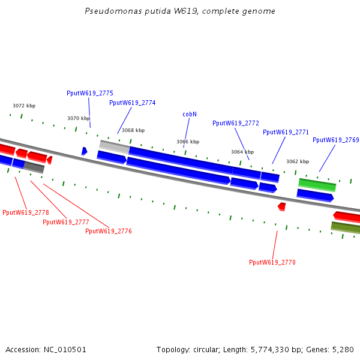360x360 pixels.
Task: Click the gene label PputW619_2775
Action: (x=90, y=93)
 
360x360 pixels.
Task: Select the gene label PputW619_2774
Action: (x=133, y=103)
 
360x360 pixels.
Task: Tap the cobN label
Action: (x=190, y=114)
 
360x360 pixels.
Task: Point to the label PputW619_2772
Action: (x=236, y=123)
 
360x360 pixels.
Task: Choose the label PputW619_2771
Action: (x=286, y=132)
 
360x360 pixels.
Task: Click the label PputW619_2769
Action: (x=335, y=140)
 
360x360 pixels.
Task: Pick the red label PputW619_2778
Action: (x=26, y=212)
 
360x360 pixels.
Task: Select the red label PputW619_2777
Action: (x=66, y=222)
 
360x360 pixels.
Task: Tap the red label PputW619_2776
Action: (x=109, y=231)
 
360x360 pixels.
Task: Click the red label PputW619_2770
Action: (x=272, y=262)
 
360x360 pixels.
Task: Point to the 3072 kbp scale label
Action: (x=24, y=106)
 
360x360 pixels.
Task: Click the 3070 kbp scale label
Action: (x=79, y=118)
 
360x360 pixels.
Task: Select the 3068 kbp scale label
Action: (x=133, y=130)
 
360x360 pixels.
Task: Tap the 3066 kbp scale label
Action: (x=188, y=142)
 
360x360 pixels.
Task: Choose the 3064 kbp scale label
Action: (x=242, y=152)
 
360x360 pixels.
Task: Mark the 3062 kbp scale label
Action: (x=298, y=161)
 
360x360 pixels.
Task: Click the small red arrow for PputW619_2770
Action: (x=281, y=206)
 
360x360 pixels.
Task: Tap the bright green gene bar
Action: (x=317, y=184)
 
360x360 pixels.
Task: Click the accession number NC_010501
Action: (x=65, y=349)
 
